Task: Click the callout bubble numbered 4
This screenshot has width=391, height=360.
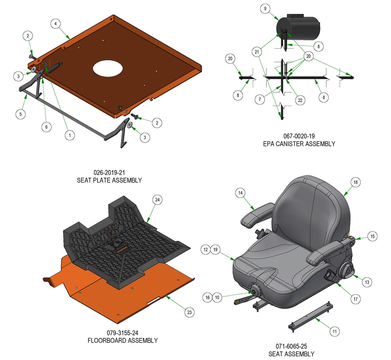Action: click(55, 23)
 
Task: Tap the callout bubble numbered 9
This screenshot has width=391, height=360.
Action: click(265, 9)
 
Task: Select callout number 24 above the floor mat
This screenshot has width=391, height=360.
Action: click(157, 200)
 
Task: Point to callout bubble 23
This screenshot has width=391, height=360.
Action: click(189, 312)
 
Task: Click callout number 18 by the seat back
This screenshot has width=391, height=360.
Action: click(356, 182)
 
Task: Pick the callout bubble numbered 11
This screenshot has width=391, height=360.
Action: click(335, 331)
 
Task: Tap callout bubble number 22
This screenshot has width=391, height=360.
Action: click(300, 100)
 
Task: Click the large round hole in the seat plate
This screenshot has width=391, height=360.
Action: click(108, 68)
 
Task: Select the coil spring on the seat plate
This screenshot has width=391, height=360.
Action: click(54, 68)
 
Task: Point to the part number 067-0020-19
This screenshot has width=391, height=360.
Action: click(299, 136)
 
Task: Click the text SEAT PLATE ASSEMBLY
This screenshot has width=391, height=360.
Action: click(109, 180)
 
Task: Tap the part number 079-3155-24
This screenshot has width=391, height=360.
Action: click(122, 333)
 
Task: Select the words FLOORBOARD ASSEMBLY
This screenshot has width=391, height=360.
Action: click(123, 340)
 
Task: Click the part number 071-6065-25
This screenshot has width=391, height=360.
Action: click(291, 346)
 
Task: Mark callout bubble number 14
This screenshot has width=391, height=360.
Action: click(240, 193)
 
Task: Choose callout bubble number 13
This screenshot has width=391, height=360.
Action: click(367, 282)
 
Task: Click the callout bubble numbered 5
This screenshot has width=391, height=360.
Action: click(20, 114)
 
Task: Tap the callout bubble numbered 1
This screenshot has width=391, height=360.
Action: click(70, 135)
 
